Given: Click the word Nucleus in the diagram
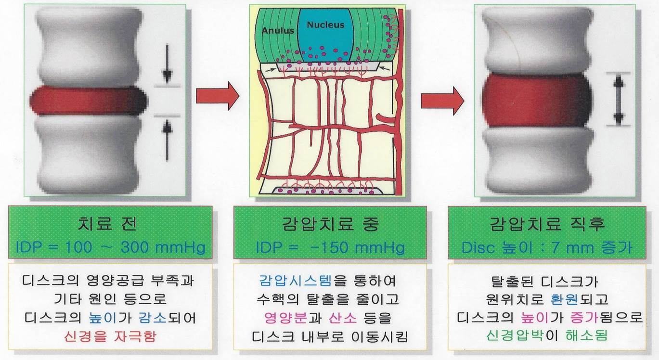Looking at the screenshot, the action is pyautogui.click(x=325, y=25).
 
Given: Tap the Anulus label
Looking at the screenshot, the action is pyautogui.click(x=278, y=31).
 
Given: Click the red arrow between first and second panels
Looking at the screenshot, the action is pyautogui.click(x=218, y=96).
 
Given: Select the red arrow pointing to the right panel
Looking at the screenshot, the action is pyautogui.click(x=442, y=101).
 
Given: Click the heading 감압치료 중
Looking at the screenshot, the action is pyautogui.click(x=330, y=224).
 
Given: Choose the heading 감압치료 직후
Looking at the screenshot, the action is pyautogui.click(x=547, y=224).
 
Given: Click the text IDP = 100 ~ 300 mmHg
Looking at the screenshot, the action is pyautogui.click(x=110, y=247).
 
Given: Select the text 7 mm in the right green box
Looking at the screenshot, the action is pyautogui.click(x=572, y=248).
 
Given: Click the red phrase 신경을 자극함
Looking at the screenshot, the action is pyautogui.click(x=110, y=336).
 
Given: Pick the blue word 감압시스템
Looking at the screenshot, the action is pyautogui.click(x=295, y=281).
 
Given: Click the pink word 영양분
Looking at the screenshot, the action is pyautogui.click(x=285, y=318).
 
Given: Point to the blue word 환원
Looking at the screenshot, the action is pyautogui.click(x=564, y=299).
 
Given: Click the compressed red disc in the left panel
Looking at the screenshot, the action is pyautogui.click(x=88, y=101).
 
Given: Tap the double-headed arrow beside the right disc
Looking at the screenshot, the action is pyautogui.click(x=618, y=100).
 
